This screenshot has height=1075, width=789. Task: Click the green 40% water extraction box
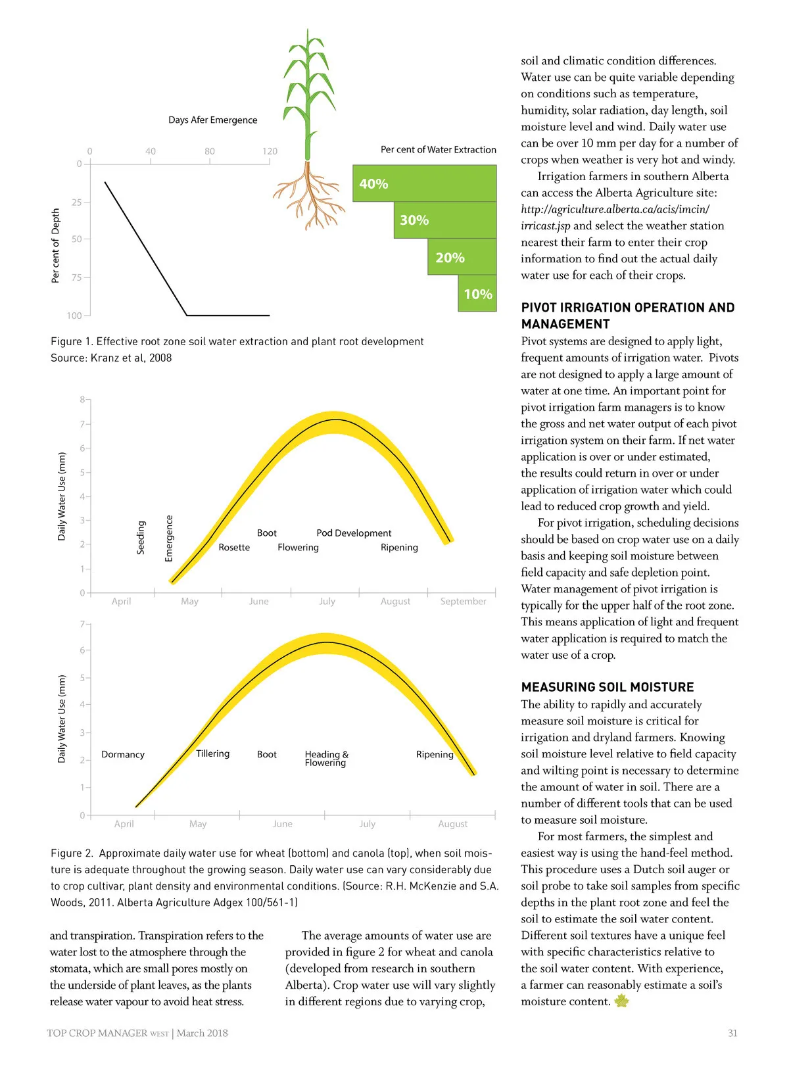pyautogui.click(x=424, y=183)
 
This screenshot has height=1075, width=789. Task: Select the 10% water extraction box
pyautogui.click(x=477, y=294)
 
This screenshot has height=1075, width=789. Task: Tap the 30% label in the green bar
pyautogui.click(x=414, y=220)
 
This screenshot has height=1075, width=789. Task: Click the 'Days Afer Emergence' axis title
pyautogui.click(x=212, y=120)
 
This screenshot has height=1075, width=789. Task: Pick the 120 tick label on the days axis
pyautogui.click(x=270, y=151)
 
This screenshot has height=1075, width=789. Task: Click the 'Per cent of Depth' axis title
pyautogui.click(x=55, y=245)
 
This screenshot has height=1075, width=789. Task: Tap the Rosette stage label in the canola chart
pyautogui.click(x=234, y=547)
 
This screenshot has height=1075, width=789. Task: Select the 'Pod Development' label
pyautogui.click(x=354, y=533)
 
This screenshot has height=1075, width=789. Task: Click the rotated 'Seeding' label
pyautogui.click(x=141, y=537)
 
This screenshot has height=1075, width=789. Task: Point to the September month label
pyautogui.click(x=463, y=601)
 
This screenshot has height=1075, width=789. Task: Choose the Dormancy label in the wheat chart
pyautogui.click(x=123, y=754)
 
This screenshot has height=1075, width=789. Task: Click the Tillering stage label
pyautogui.click(x=212, y=753)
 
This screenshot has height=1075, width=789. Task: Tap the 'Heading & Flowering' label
pyautogui.click(x=326, y=758)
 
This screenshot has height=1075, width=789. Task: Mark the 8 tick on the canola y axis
pyautogui.click(x=82, y=399)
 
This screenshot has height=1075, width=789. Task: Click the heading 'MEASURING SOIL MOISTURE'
pyautogui.click(x=607, y=687)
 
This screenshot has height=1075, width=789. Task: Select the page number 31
pyautogui.click(x=732, y=1033)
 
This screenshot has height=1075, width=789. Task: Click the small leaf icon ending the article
pyautogui.click(x=621, y=1001)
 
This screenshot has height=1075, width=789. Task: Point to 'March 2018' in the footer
pyautogui.click(x=202, y=1033)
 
